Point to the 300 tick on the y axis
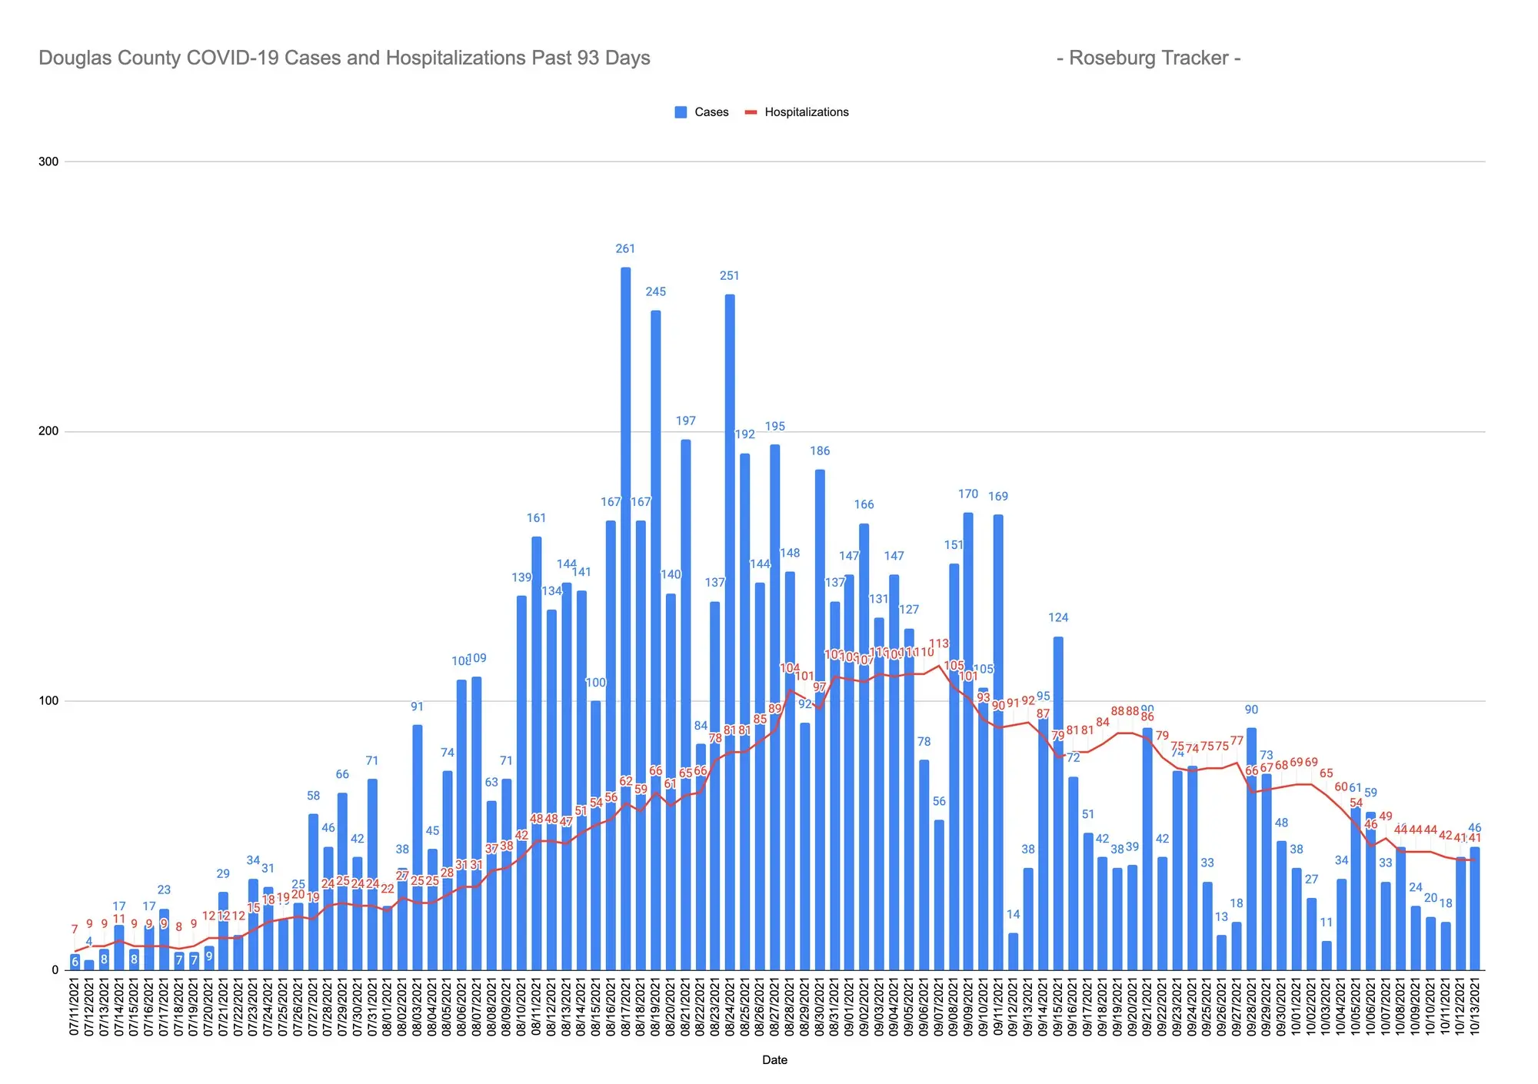pyautogui.click(x=48, y=161)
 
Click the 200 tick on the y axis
pyautogui.click(x=48, y=431)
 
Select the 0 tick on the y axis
pyautogui.click(x=55, y=970)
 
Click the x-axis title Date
pyautogui.click(x=774, y=1060)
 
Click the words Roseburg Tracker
pyautogui.click(x=1148, y=58)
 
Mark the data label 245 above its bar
pyautogui.click(x=656, y=291)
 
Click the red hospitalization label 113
pyautogui.click(x=939, y=643)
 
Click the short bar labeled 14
pyautogui.click(x=1014, y=952)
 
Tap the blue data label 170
pyautogui.click(x=968, y=494)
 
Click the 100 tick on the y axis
pyautogui.click(x=48, y=701)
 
